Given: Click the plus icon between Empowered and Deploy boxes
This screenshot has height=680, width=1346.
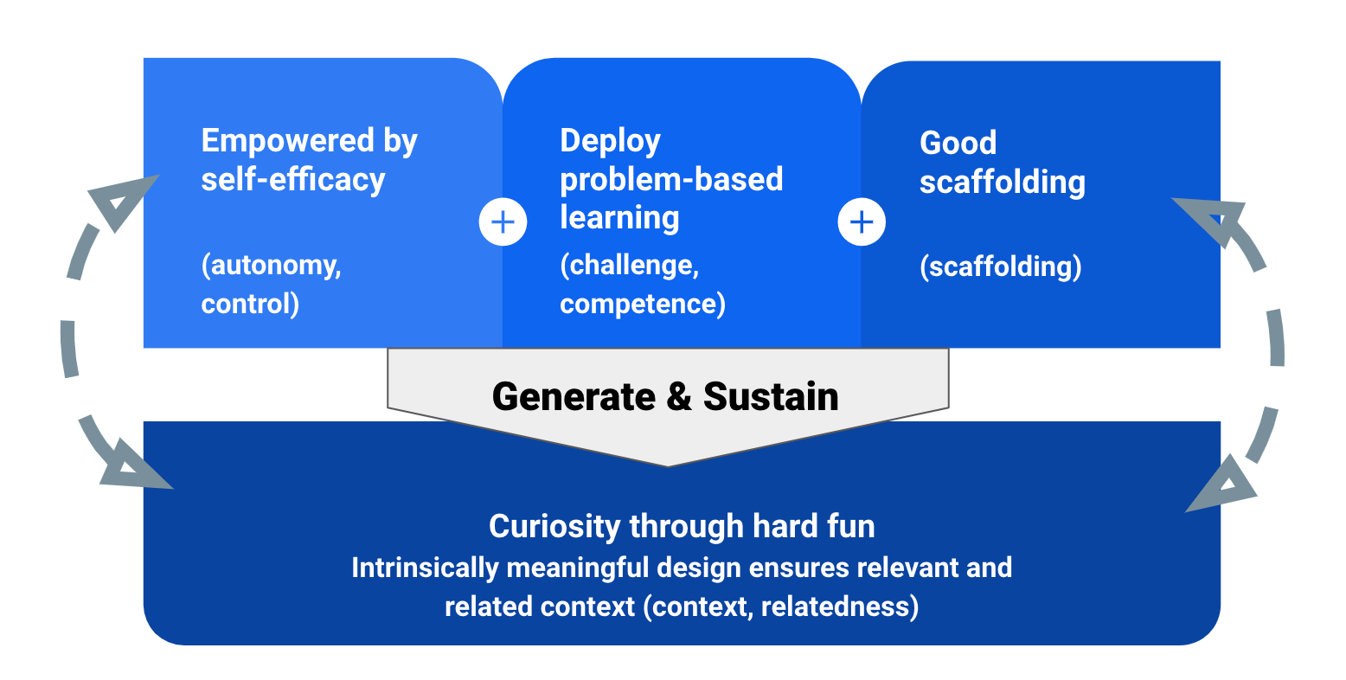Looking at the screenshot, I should (503, 222).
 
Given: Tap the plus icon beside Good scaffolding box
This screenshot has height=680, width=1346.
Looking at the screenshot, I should (862, 222).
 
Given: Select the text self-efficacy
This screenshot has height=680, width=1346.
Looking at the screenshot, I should (293, 180).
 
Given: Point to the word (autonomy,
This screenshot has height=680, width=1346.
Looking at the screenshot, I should (272, 265).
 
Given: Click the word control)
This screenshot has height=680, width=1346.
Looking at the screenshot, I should (250, 304).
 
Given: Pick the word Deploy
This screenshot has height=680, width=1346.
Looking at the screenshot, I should (610, 141).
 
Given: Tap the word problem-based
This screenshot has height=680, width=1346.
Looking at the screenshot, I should (671, 179).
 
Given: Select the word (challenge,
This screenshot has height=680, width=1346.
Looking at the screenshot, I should (629, 265).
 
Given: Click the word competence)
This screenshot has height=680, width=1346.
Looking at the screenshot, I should (643, 304).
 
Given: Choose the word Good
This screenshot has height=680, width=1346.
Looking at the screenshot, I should (958, 143).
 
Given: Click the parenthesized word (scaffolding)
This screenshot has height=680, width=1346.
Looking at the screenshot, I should (1001, 266).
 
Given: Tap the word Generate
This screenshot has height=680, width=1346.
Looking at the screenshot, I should (574, 397).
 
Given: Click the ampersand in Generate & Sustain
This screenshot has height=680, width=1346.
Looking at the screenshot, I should (679, 397).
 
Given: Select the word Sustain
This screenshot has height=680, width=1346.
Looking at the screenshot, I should (771, 397).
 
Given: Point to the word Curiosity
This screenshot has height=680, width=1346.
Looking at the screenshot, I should (554, 526).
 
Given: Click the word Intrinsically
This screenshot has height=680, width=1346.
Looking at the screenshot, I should (424, 568).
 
